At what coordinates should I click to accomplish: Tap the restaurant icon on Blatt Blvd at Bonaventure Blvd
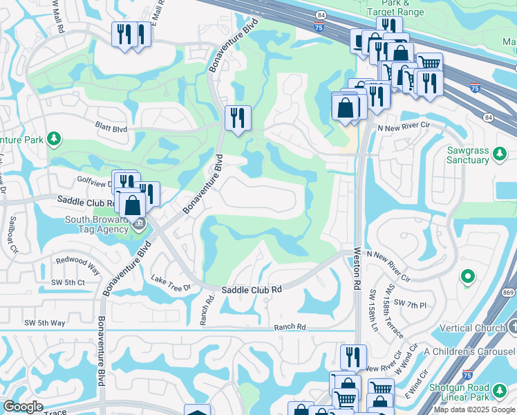click(238, 118)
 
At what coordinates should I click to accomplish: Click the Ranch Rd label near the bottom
click(290, 327)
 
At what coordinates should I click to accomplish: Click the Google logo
click(23, 407)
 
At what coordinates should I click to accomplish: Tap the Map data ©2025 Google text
click(474, 409)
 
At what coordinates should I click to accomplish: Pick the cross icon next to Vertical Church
click(512, 326)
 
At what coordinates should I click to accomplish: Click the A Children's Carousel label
click(469, 351)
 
